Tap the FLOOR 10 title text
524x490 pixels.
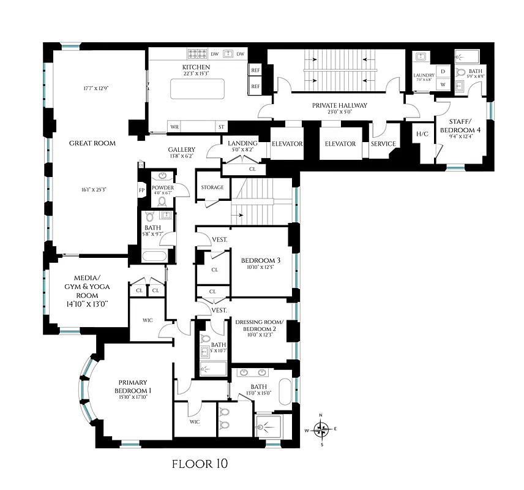(x=201, y=464)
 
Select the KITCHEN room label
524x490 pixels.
(x=196, y=67)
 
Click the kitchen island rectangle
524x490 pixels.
(x=196, y=90)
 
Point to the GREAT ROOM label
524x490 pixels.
(x=92, y=143)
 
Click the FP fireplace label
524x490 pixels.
(x=141, y=190)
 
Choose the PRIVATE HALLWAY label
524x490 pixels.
(x=340, y=105)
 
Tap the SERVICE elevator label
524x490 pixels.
(x=383, y=144)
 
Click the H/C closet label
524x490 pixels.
(x=422, y=134)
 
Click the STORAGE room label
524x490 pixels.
(x=212, y=187)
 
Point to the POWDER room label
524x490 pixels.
(x=163, y=187)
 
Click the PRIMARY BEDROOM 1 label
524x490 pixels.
(x=133, y=386)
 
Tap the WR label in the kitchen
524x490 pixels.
(x=174, y=127)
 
